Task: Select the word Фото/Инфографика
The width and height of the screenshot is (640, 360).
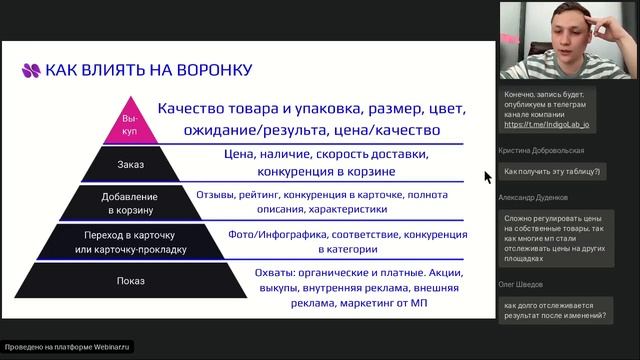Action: tap(262, 233)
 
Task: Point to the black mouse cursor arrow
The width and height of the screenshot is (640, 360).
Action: tap(487, 177)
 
